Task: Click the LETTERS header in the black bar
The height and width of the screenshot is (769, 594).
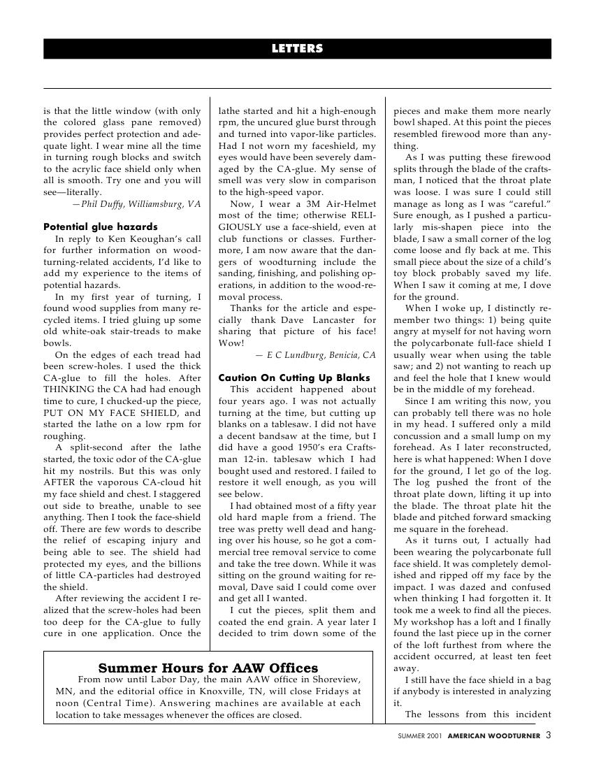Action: point(297,49)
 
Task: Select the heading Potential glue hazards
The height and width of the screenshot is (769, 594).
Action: point(101,227)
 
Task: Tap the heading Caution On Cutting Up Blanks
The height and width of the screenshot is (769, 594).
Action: point(294,378)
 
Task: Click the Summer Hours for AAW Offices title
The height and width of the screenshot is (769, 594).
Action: point(208,668)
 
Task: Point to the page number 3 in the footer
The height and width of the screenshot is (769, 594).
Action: point(549,735)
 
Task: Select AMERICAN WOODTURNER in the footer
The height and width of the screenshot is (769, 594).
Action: point(494,735)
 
